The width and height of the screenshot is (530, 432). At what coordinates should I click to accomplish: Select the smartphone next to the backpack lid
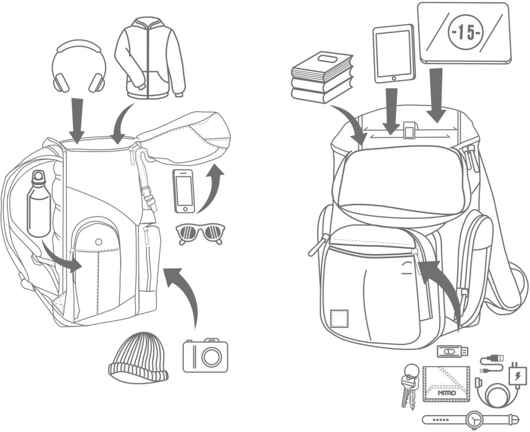[x=184, y=190]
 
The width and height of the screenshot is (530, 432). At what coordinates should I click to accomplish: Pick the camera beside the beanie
[x=205, y=355]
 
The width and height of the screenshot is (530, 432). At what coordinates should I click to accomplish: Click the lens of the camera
[x=211, y=357]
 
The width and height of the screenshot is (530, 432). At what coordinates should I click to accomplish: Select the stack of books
[x=322, y=77]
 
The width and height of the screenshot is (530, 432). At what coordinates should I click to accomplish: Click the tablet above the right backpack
[x=394, y=53]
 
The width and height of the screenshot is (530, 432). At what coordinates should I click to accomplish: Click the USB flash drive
[x=452, y=352]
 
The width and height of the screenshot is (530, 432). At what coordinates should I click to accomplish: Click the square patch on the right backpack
[x=339, y=318]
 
